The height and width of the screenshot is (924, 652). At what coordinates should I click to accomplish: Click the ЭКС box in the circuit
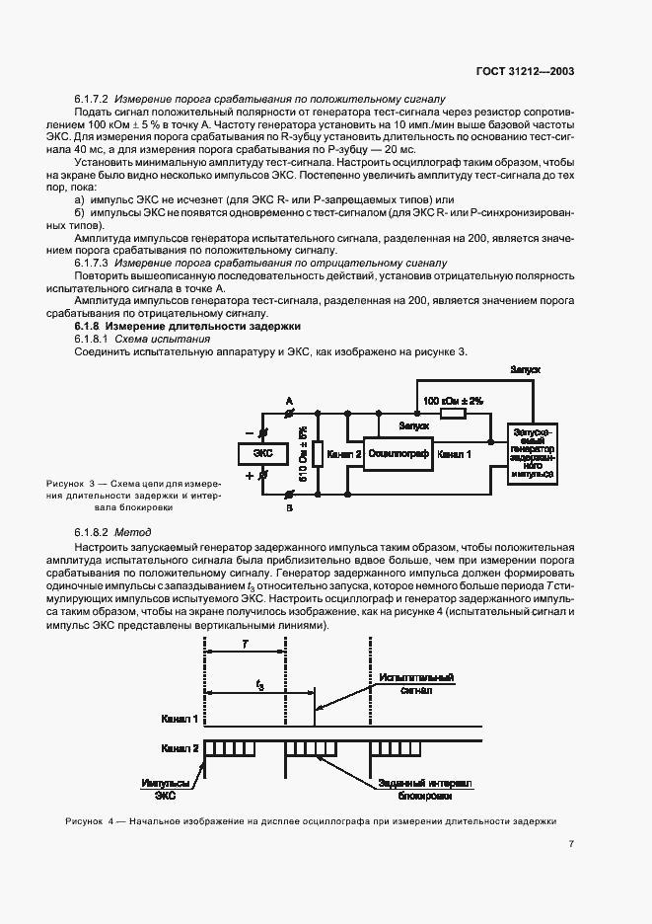pyautogui.click(x=263, y=454)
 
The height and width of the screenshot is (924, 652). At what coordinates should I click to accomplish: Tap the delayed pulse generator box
pyautogui.click(x=533, y=453)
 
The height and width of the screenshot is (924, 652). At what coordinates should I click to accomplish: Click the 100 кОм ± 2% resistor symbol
pyautogui.click(x=453, y=415)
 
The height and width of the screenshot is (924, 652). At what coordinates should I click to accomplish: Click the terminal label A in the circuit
pyautogui.click(x=289, y=400)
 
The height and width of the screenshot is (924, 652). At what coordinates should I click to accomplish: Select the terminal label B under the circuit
pyautogui.click(x=289, y=508)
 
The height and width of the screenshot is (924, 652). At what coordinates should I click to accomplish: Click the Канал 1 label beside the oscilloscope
pyautogui.click(x=455, y=454)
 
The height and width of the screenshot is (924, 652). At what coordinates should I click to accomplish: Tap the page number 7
pyautogui.click(x=571, y=843)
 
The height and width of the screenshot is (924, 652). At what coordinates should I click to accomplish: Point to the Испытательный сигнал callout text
pyautogui.click(x=416, y=685)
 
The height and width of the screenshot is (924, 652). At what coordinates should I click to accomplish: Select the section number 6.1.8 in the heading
pyautogui.click(x=90, y=326)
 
